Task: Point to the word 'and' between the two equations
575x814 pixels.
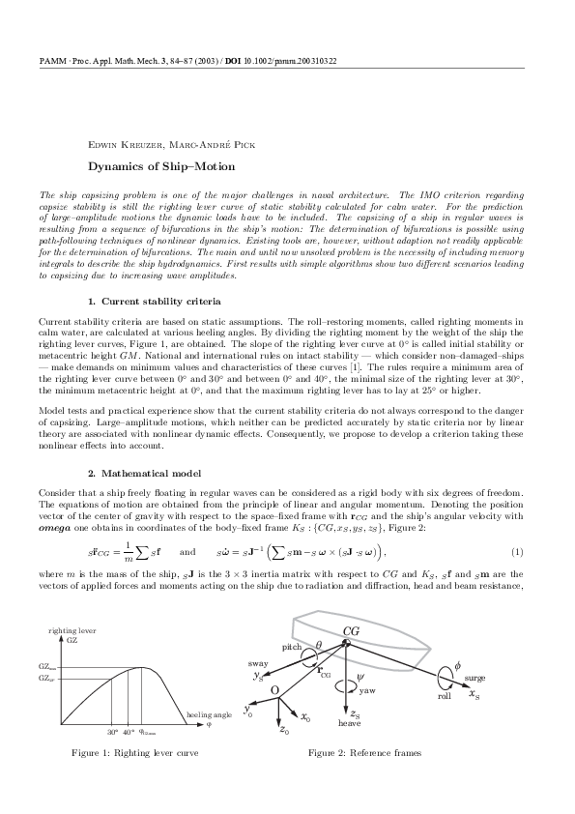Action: [188, 552]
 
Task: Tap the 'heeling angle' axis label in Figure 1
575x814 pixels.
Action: [208, 714]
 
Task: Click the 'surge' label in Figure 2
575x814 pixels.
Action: [474, 679]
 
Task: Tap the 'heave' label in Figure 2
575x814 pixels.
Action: [349, 722]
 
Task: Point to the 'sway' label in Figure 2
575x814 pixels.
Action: [258, 665]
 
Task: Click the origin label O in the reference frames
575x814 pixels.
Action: [273, 689]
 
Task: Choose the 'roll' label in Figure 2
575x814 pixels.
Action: [445, 695]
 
